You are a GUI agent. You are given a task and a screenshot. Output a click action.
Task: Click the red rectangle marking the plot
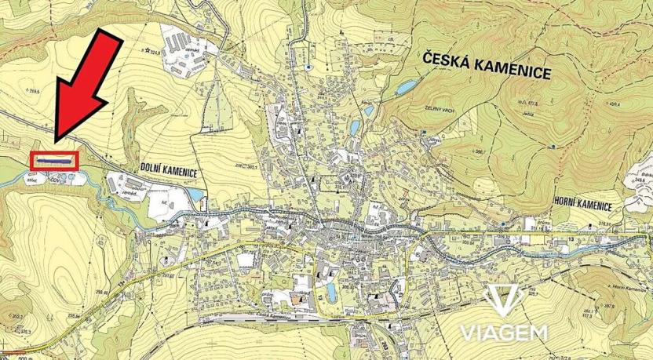pos(54,160)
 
